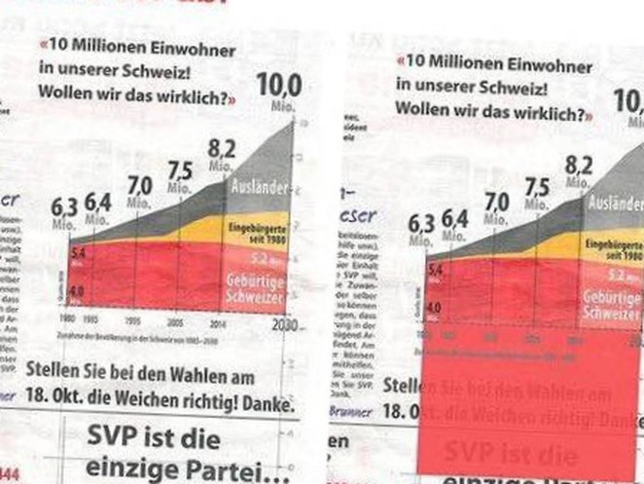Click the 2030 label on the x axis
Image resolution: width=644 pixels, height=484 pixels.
[284, 324]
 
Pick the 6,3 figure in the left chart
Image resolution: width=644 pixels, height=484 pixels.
[64, 206]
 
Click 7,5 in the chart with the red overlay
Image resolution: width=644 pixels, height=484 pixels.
[536, 187]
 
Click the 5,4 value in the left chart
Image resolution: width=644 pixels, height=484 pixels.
[77, 253]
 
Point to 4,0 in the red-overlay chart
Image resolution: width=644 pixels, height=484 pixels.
[432, 307]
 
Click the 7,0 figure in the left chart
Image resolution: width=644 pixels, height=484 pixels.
[139, 184]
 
